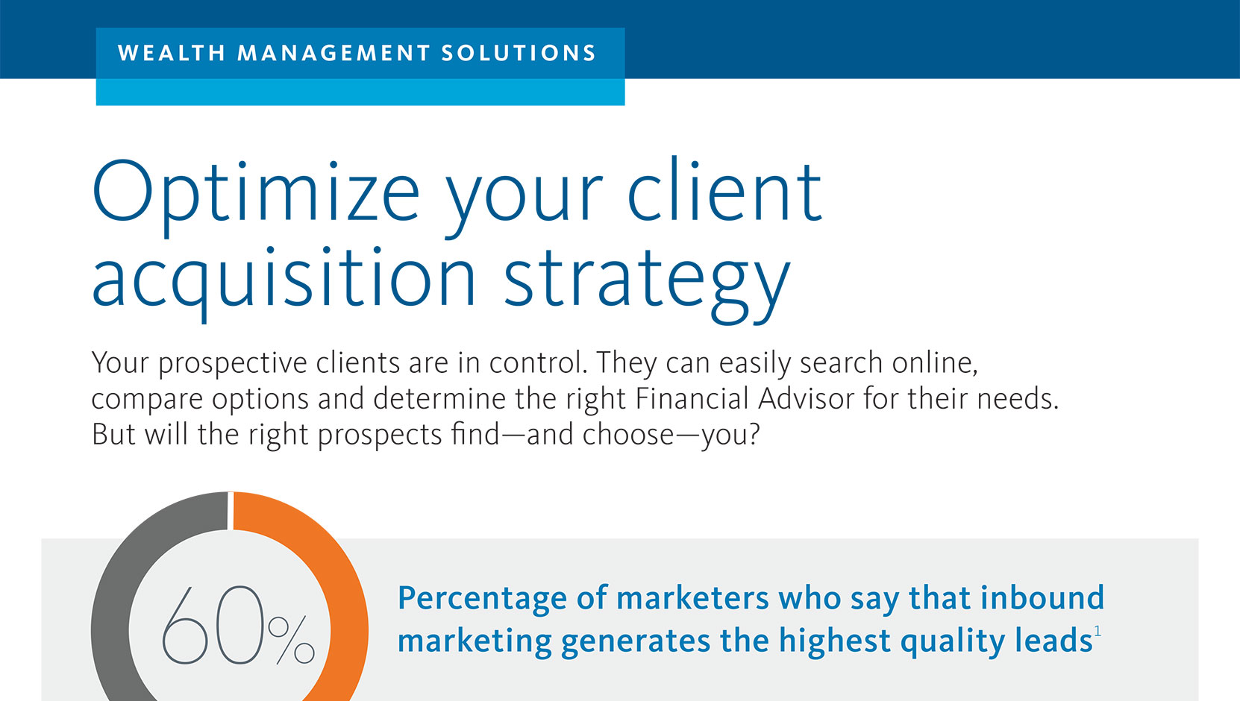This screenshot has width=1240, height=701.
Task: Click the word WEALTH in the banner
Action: pos(171,53)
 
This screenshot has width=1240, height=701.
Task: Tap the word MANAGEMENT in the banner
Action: pos(334,53)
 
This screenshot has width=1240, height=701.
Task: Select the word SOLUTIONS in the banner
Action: pos(519,53)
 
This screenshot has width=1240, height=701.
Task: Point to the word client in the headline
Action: pos(724,192)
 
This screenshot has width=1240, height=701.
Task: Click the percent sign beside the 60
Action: pos(291,640)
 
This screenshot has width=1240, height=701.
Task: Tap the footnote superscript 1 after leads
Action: pos(1097,632)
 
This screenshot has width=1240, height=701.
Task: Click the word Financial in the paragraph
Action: pos(692,398)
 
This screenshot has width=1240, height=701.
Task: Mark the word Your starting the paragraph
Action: pos(119,362)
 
